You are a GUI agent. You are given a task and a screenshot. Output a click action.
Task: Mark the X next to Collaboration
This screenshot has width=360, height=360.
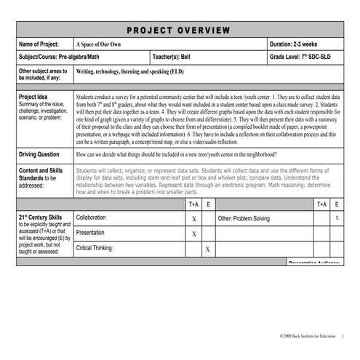click(x=193, y=218)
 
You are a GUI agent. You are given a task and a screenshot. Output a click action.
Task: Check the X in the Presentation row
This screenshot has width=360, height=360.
click(x=193, y=234)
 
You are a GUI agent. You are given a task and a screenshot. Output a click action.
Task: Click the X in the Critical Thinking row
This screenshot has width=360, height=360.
click(x=207, y=249)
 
